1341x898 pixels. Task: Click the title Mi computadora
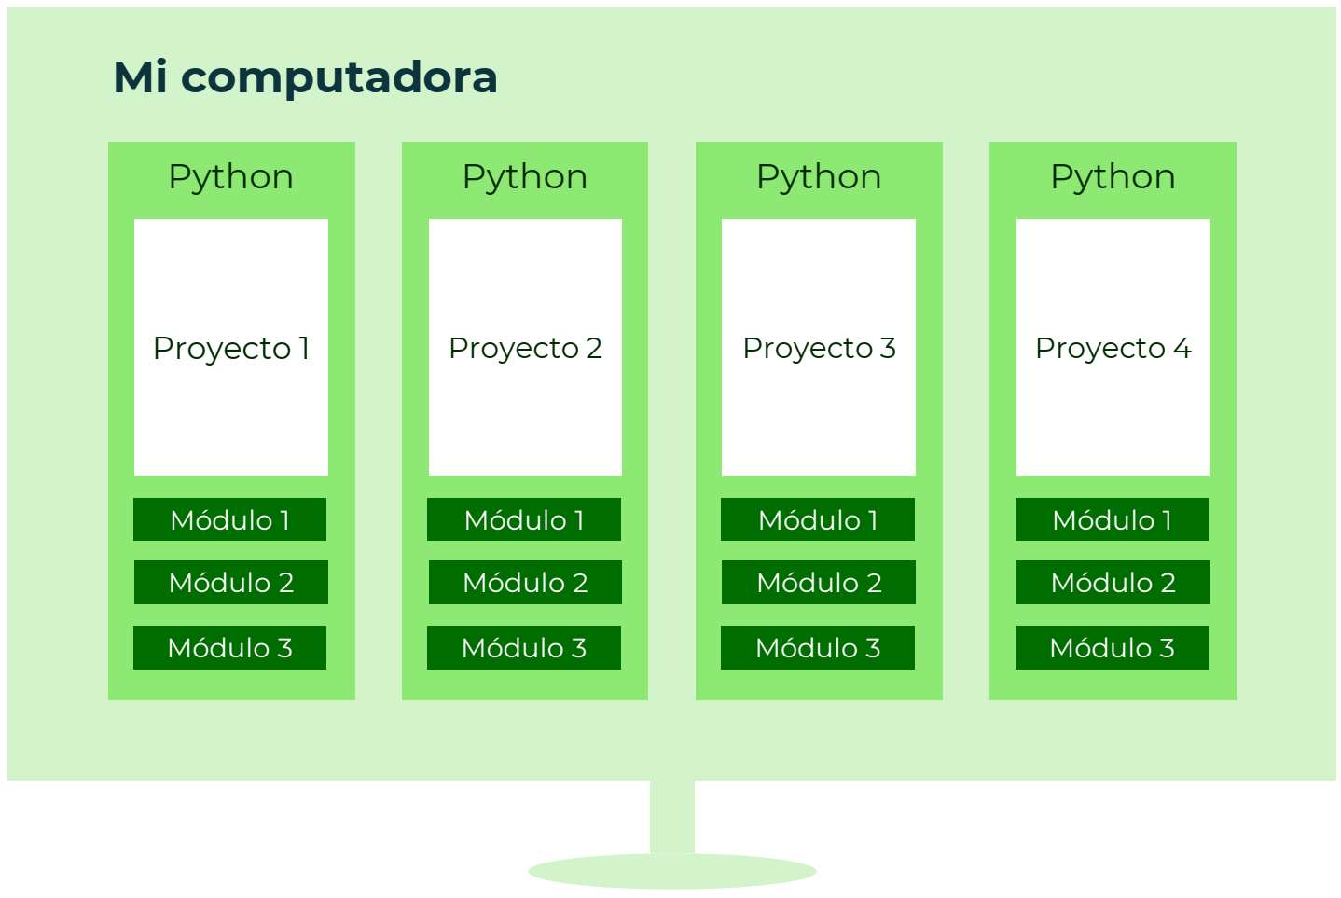(305, 77)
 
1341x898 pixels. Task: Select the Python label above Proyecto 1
(231, 177)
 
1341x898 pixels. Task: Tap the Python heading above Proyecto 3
(819, 177)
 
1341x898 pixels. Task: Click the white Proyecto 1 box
(231, 347)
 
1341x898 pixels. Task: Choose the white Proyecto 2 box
(525, 347)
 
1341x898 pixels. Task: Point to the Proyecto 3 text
(819, 349)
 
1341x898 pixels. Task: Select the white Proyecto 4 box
(1113, 347)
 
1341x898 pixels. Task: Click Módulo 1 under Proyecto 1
(230, 519)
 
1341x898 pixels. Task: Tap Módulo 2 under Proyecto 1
(231, 583)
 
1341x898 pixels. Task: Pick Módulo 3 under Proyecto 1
(230, 648)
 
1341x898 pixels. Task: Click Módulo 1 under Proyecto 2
(524, 519)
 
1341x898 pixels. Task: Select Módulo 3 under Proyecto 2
(524, 648)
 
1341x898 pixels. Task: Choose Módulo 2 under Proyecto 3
(819, 583)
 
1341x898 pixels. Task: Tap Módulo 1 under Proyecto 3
(818, 519)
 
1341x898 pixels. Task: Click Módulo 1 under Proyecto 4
(1112, 519)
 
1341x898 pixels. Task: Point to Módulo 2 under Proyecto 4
(1113, 583)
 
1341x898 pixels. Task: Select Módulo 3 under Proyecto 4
(1112, 648)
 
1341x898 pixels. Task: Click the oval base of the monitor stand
(672, 872)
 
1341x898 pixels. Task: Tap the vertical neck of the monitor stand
(672, 817)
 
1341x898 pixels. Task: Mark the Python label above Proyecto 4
(1113, 177)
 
